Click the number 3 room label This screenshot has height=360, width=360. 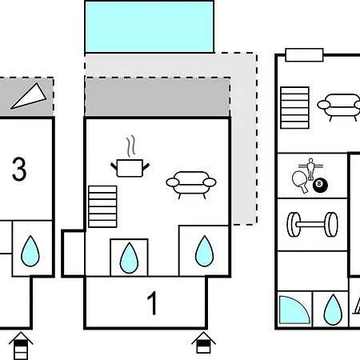click(19, 169)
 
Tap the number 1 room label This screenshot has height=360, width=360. click(152, 303)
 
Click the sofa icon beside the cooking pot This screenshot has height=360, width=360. click(191, 185)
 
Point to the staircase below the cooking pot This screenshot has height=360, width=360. click(102, 206)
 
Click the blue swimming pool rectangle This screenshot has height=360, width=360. click(150, 27)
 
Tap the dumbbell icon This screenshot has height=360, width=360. click(312, 225)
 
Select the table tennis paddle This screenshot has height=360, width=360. click(301, 182)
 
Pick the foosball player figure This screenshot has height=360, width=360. click(310, 169)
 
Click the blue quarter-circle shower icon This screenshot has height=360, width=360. click(294, 310)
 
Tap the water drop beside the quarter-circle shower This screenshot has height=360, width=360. click(333, 310)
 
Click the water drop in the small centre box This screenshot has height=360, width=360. click(129, 258)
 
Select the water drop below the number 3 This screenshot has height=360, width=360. click(30, 251)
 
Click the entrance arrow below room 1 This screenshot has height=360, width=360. click(203, 342)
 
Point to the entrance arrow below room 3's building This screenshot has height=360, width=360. click(21, 346)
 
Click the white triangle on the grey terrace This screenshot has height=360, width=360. click(29, 97)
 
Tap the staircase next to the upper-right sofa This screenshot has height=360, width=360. click(295, 108)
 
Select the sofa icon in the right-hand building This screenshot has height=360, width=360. click(338, 106)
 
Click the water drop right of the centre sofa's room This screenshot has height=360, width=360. click(205, 251)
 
